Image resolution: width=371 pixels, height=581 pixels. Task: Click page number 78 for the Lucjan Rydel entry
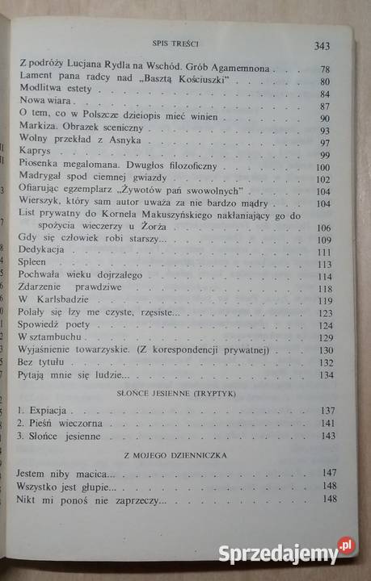(x=325, y=69)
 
